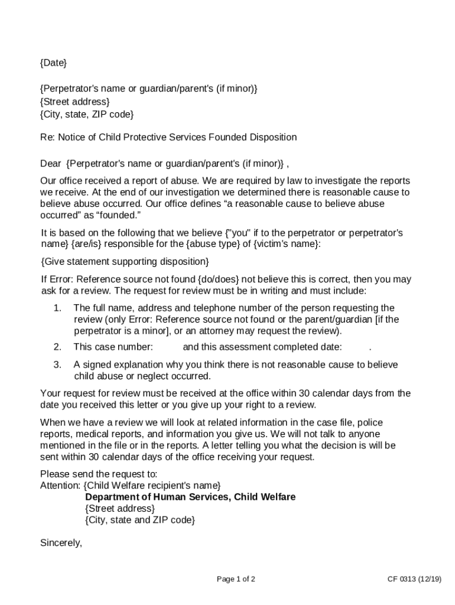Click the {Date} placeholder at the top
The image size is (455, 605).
(53, 63)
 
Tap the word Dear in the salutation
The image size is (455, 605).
(50, 163)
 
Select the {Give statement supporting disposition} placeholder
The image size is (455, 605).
(125, 261)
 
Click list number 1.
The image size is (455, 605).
(57, 308)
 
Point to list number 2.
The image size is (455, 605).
(57, 347)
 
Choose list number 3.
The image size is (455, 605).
(57, 365)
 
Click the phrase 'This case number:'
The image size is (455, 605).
(113, 347)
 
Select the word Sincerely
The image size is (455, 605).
(61, 542)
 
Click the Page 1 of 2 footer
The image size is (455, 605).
(236, 579)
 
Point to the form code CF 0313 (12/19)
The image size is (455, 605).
(410, 579)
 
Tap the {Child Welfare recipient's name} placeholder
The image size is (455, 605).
(152, 486)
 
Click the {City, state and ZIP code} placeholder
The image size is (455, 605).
(140, 520)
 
